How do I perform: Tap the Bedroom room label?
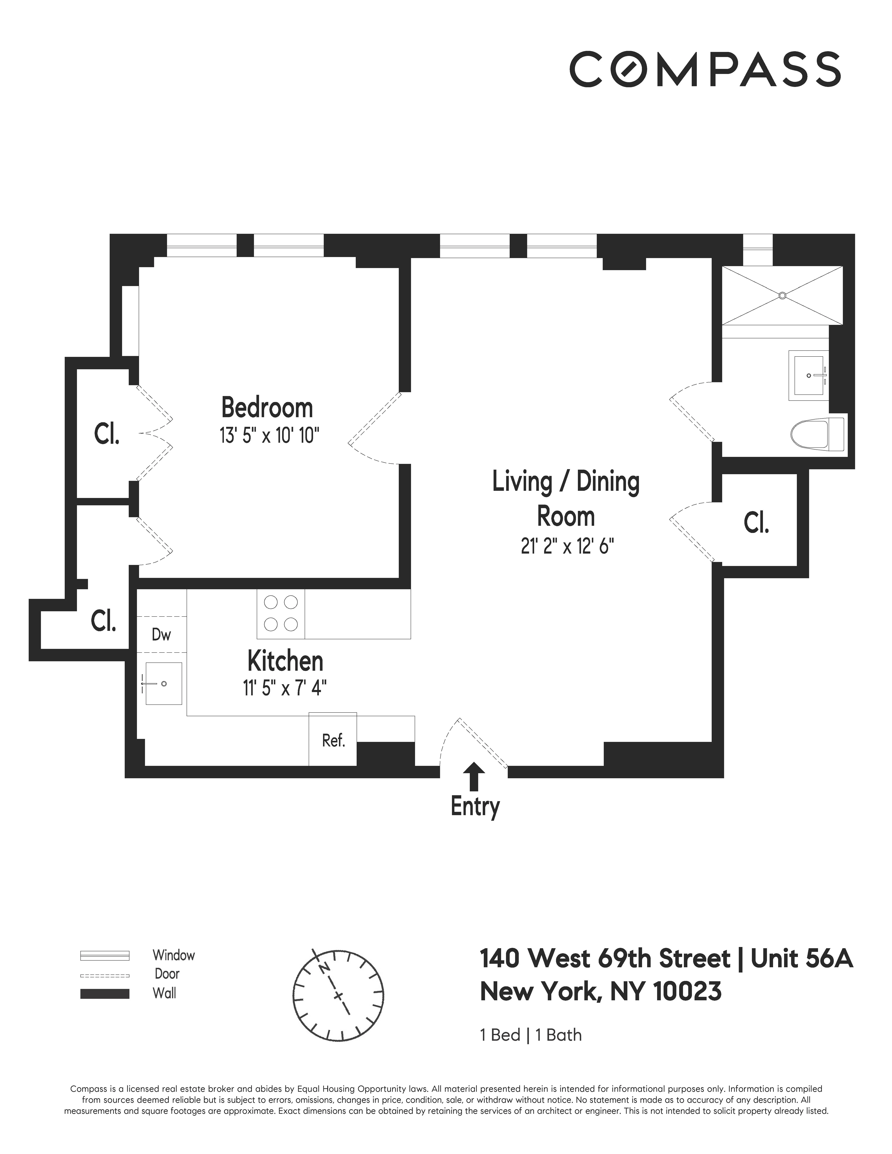[267, 408]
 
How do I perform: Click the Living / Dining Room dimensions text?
[567, 546]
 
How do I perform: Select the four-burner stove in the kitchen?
[281, 614]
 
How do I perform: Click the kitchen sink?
[163, 684]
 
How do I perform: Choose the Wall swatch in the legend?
[105, 993]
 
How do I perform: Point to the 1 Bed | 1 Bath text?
[530, 1035]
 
